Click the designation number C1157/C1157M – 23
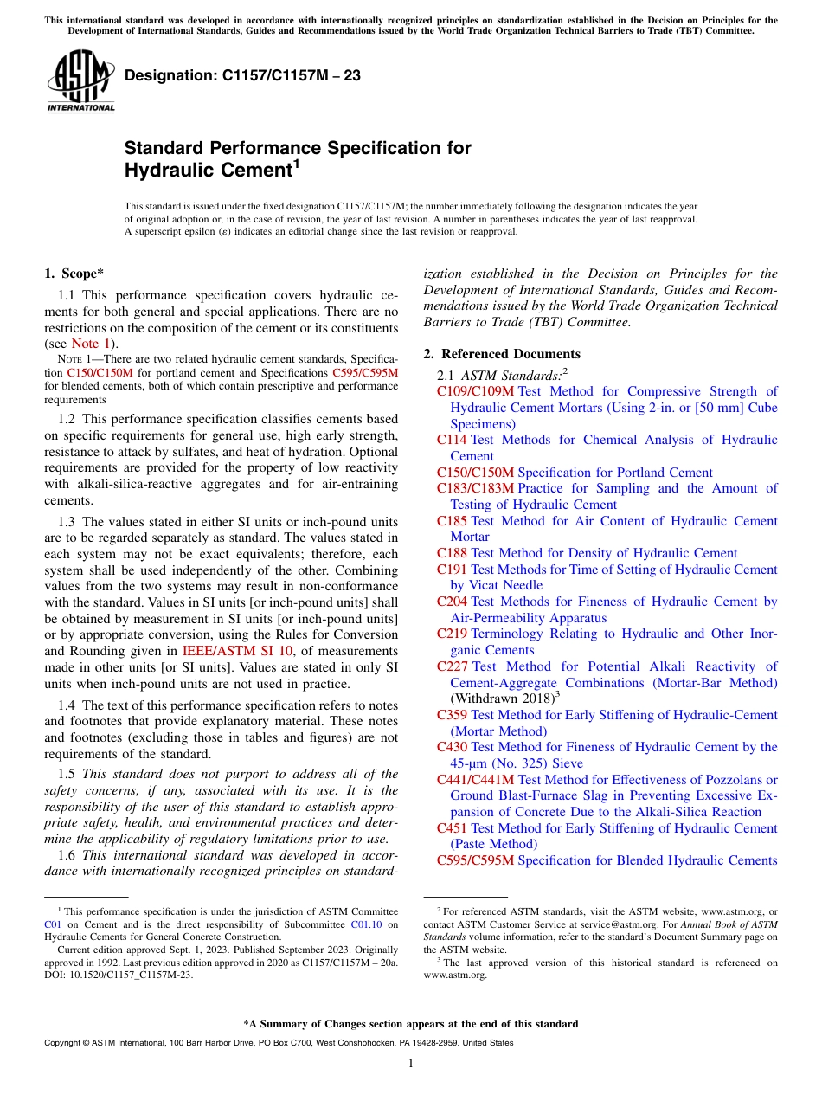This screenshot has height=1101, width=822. click(x=243, y=76)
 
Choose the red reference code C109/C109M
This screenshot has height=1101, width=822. click(x=475, y=391)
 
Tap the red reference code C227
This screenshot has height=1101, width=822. click(x=453, y=666)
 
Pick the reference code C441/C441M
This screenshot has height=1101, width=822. click(x=475, y=780)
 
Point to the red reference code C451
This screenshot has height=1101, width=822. click(x=452, y=828)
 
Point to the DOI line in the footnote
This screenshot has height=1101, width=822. click(x=119, y=974)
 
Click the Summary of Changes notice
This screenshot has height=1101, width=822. click(x=410, y=1024)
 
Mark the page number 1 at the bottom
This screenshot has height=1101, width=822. click(x=411, y=1064)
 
